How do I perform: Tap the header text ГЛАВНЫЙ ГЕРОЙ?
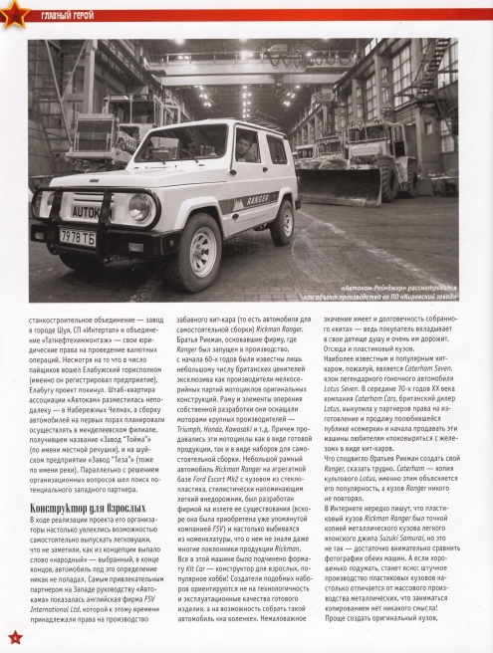coord(67,13)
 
